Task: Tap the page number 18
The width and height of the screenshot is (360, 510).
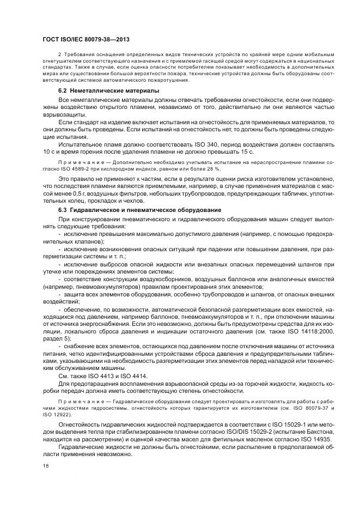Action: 45,465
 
